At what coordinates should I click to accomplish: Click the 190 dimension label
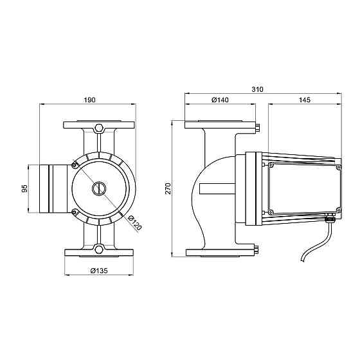89,100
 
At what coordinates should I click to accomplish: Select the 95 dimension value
24,188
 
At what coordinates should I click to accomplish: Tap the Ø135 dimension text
99,271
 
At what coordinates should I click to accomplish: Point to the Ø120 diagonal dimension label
135,222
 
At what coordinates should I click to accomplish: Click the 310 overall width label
257,89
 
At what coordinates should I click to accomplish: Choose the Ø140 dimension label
220,100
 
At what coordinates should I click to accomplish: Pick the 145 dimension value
305,100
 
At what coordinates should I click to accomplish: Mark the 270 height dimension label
168,188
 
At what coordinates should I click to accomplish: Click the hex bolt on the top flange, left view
99,128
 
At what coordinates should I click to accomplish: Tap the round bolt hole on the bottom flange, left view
99,249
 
